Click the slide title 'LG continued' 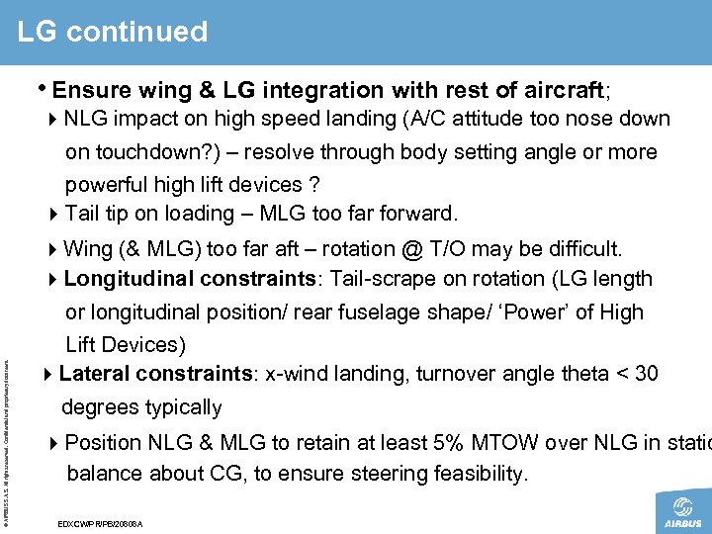pyautogui.click(x=112, y=32)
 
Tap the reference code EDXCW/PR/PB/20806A pyautogui.click(x=101, y=522)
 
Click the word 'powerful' pyautogui.click(x=106, y=185)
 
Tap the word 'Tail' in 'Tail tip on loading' pyautogui.click(x=84, y=214)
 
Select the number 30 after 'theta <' pyautogui.click(x=646, y=375)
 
